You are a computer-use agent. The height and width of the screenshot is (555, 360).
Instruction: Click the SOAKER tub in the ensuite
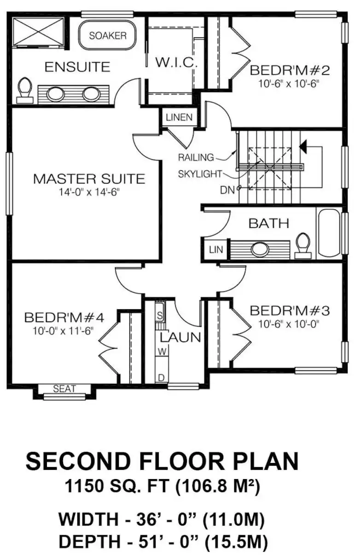[x=108, y=35]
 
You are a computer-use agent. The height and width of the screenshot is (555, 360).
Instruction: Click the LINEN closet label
[x=179, y=117]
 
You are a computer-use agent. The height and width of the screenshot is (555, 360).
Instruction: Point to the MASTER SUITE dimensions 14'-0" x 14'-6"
[x=89, y=192]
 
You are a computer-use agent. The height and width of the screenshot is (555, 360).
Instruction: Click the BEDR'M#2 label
[x=290, y=70]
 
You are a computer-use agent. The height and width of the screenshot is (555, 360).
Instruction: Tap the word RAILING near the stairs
[x=196, y=157]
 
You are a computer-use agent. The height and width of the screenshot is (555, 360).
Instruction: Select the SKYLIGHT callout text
[x=200, y=174]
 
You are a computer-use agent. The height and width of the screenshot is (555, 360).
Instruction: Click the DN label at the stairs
[x=227, y=190]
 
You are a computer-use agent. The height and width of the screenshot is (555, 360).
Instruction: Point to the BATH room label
[x=269, y=223]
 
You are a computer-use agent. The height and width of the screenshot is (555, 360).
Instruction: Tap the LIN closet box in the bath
[x=216, y=249]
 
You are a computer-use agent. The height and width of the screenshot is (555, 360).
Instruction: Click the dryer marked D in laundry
[x=162, y=378]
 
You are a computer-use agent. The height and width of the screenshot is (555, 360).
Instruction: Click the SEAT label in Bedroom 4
[x=64, y=388]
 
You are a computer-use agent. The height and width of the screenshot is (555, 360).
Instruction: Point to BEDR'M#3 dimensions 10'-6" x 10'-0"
[x=289, y=324]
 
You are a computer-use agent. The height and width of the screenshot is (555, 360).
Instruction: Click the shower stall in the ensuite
[x=38, y=32]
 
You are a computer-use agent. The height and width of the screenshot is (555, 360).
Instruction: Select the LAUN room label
[x=180, y=337]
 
